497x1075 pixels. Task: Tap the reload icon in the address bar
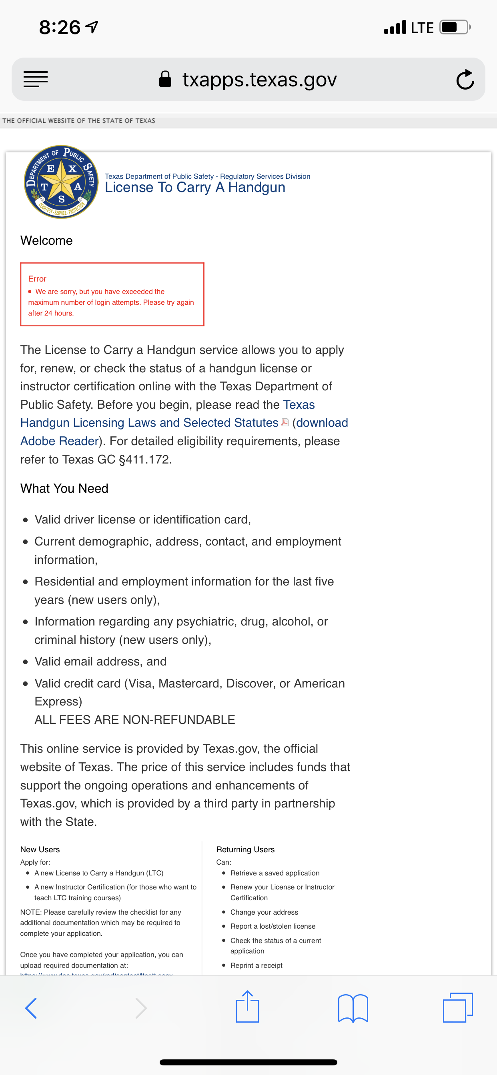coord(465,79)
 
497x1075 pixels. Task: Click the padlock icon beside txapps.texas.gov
coord(165,79)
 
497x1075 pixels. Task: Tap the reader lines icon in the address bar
coord(36,79)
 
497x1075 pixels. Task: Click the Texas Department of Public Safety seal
coord(61,182)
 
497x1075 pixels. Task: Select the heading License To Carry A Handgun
coord(195,188)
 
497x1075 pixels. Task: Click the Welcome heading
coord(46,240)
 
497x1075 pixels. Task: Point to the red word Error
coord(37,278)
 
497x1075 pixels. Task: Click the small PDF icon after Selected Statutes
coord(285,422)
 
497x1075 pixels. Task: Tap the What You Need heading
coord(64,488)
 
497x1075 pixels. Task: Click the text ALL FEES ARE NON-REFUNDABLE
coord(134,719)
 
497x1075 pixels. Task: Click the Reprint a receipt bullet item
coord(256,965)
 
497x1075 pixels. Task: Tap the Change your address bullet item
coord(264,912)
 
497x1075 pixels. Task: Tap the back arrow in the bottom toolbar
coord(31,1008)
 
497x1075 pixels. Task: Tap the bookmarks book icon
coord(353,1008)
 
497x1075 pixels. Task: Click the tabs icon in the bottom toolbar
coord(458,1007)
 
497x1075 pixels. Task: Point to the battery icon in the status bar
coord(455,28)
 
